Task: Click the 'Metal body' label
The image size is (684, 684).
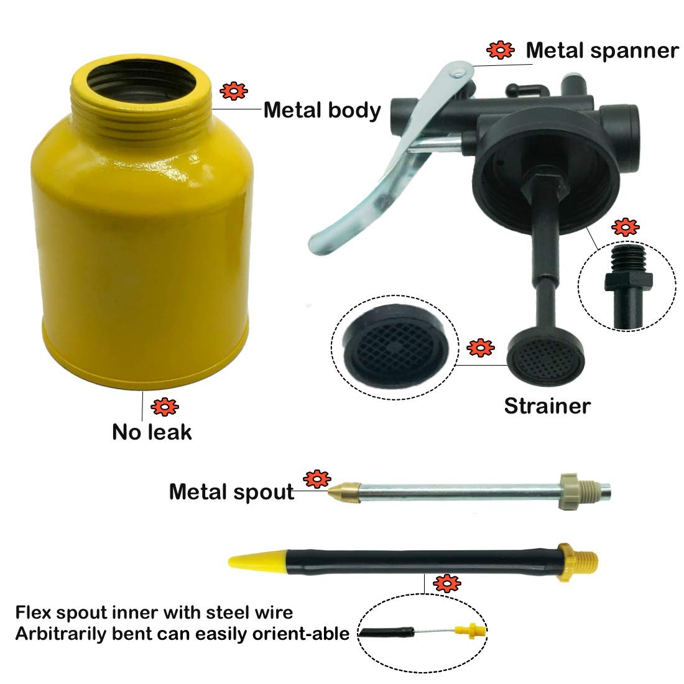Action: tap(322, 110)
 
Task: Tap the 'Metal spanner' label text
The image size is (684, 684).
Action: tap(602, 50)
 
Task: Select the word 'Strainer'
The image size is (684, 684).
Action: tap(547, 406)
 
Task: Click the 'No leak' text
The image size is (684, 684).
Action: tap(152, 432)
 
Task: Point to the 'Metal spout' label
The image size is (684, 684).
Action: tap(231, 492)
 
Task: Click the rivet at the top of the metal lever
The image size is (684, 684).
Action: tap(458, 70)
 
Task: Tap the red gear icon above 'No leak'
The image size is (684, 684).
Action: tap(164, 407)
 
